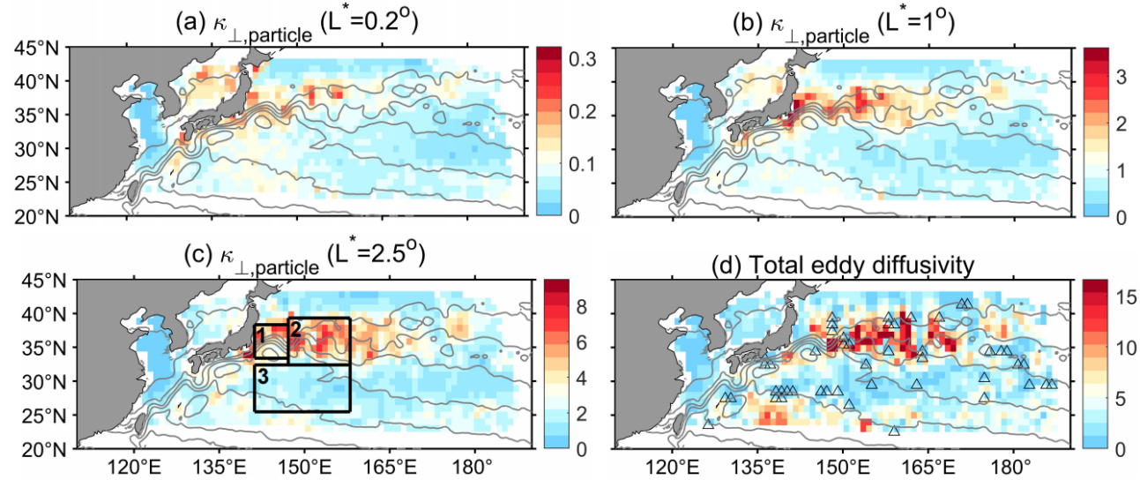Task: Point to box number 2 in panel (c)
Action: (296, 328)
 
